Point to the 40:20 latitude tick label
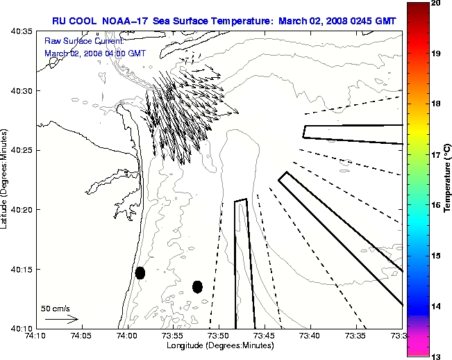(x=22, y=209)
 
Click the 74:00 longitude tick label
(x=127, y=336)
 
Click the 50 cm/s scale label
(x=56, y=308)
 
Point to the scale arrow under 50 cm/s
(x=61, y=319)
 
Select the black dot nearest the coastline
(x=140, y=272)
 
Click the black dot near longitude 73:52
(x=197, y=286)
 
